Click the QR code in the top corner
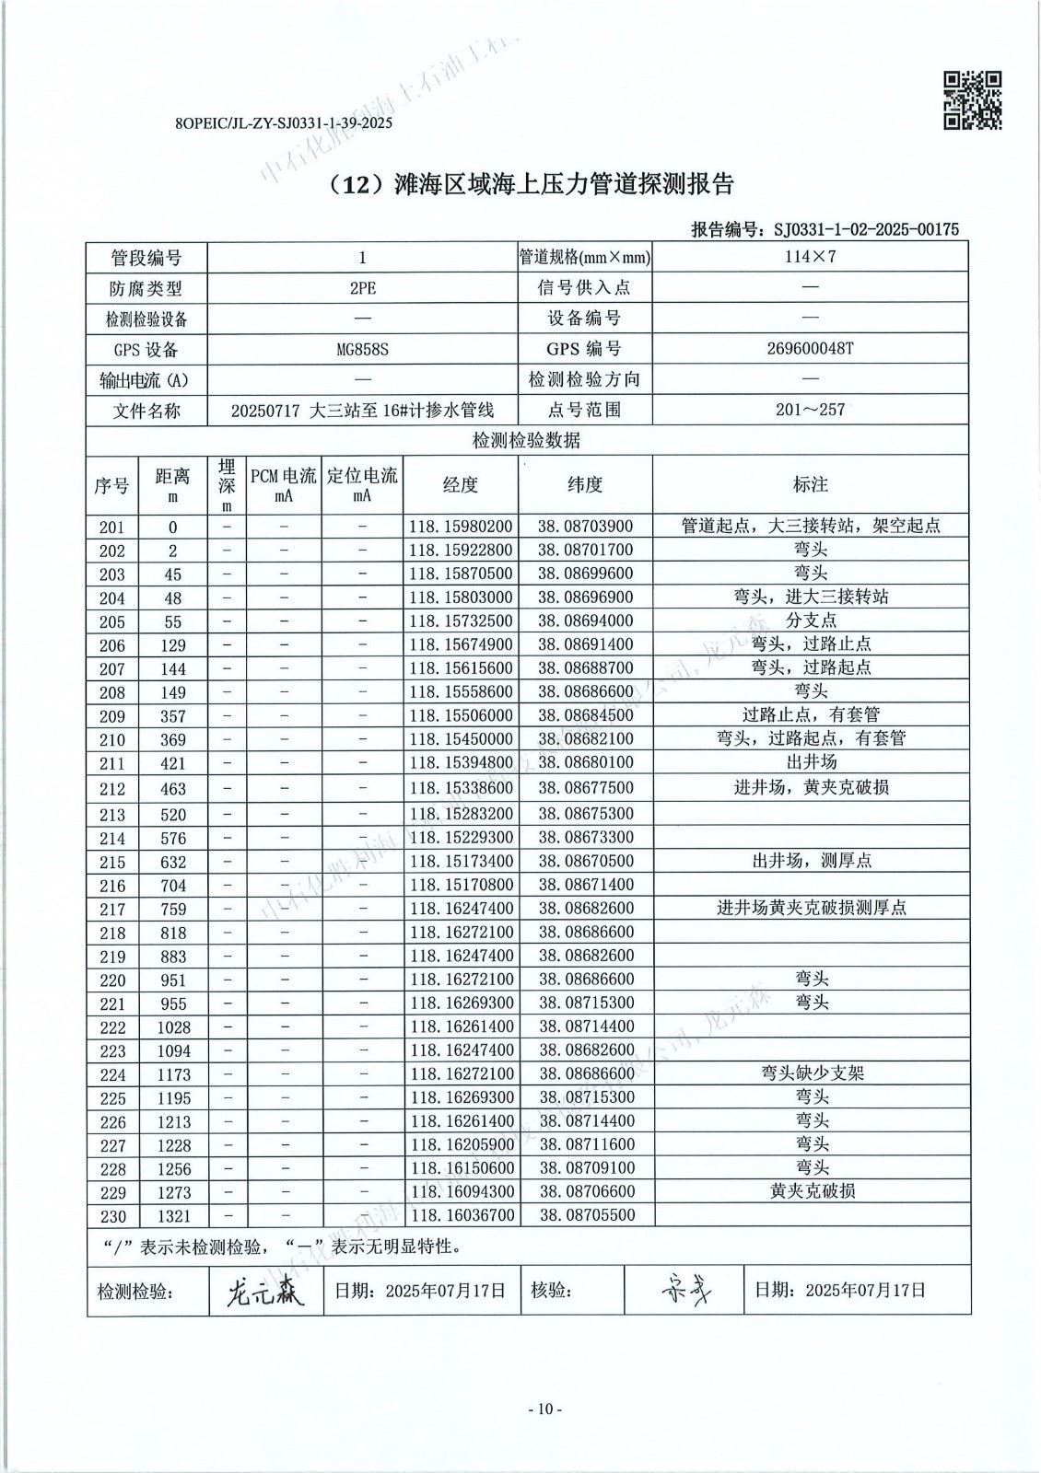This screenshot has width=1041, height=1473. click(x=972, y=100)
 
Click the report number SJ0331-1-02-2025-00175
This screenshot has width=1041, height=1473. click(x=866, y=229)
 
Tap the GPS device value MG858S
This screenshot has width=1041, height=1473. click(x=363, y=349)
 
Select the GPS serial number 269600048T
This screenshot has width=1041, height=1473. click(x=810, y=349)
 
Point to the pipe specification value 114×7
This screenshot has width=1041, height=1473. click(x=810, y=257)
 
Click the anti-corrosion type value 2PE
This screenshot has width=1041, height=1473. click(x=363, y=288)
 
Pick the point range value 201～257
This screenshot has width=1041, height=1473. click(x=810, y=410)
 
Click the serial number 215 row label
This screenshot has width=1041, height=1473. click(x=112, y=862)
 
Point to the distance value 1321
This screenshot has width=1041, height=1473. click(x=173, y=1216)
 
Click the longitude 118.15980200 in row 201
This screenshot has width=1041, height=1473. click(x=461, y=527)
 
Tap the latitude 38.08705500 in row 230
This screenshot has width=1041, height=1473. click(x=586, y=1215)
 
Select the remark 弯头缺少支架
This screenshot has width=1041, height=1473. click(x=812, y=1073)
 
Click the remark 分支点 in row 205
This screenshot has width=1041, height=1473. click(x=812, y=621)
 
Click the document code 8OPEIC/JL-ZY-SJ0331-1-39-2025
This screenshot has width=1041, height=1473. click(x=283, y=122)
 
